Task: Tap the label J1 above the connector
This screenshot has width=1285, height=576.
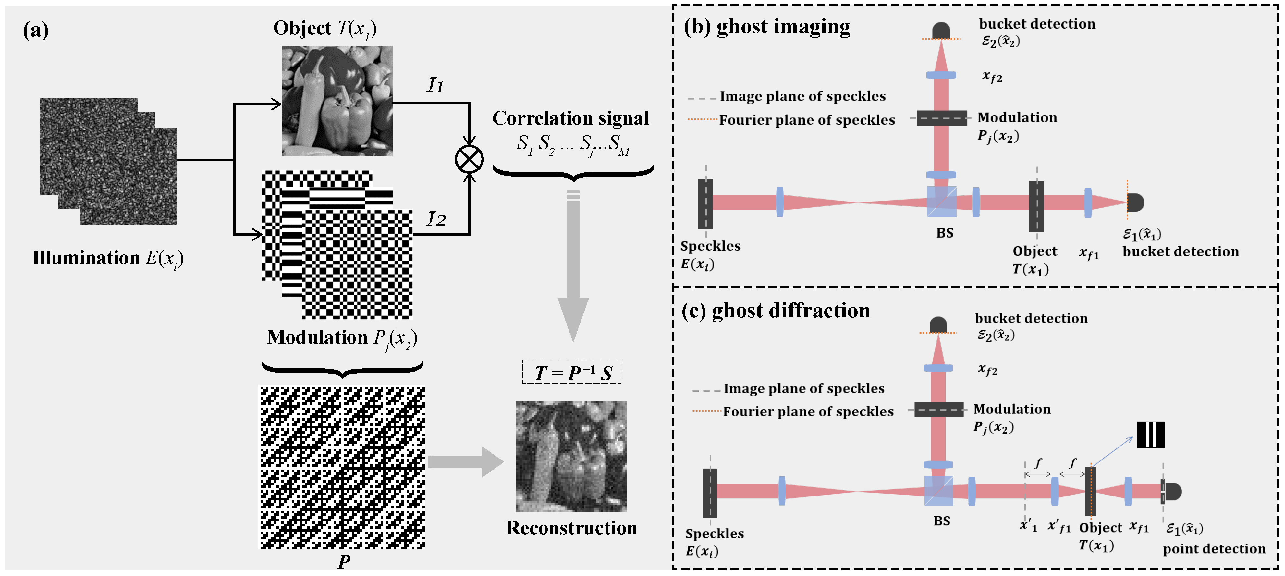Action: [435, 85]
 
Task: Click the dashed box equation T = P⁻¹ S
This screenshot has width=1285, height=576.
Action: [572, 372]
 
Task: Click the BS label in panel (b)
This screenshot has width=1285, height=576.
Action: [944, 233]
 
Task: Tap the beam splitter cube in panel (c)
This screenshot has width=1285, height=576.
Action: [938, 491]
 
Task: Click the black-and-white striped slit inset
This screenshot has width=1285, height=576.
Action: [1150, 435]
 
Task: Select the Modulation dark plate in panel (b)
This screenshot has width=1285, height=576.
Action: [941, 118]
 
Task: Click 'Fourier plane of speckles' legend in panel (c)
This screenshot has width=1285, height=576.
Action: [808, 411]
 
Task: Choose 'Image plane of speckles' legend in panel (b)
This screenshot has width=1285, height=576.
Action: [802, 96]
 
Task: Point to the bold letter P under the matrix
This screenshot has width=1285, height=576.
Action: [343, 561]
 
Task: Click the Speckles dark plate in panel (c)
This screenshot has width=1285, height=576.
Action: [709, 492]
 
